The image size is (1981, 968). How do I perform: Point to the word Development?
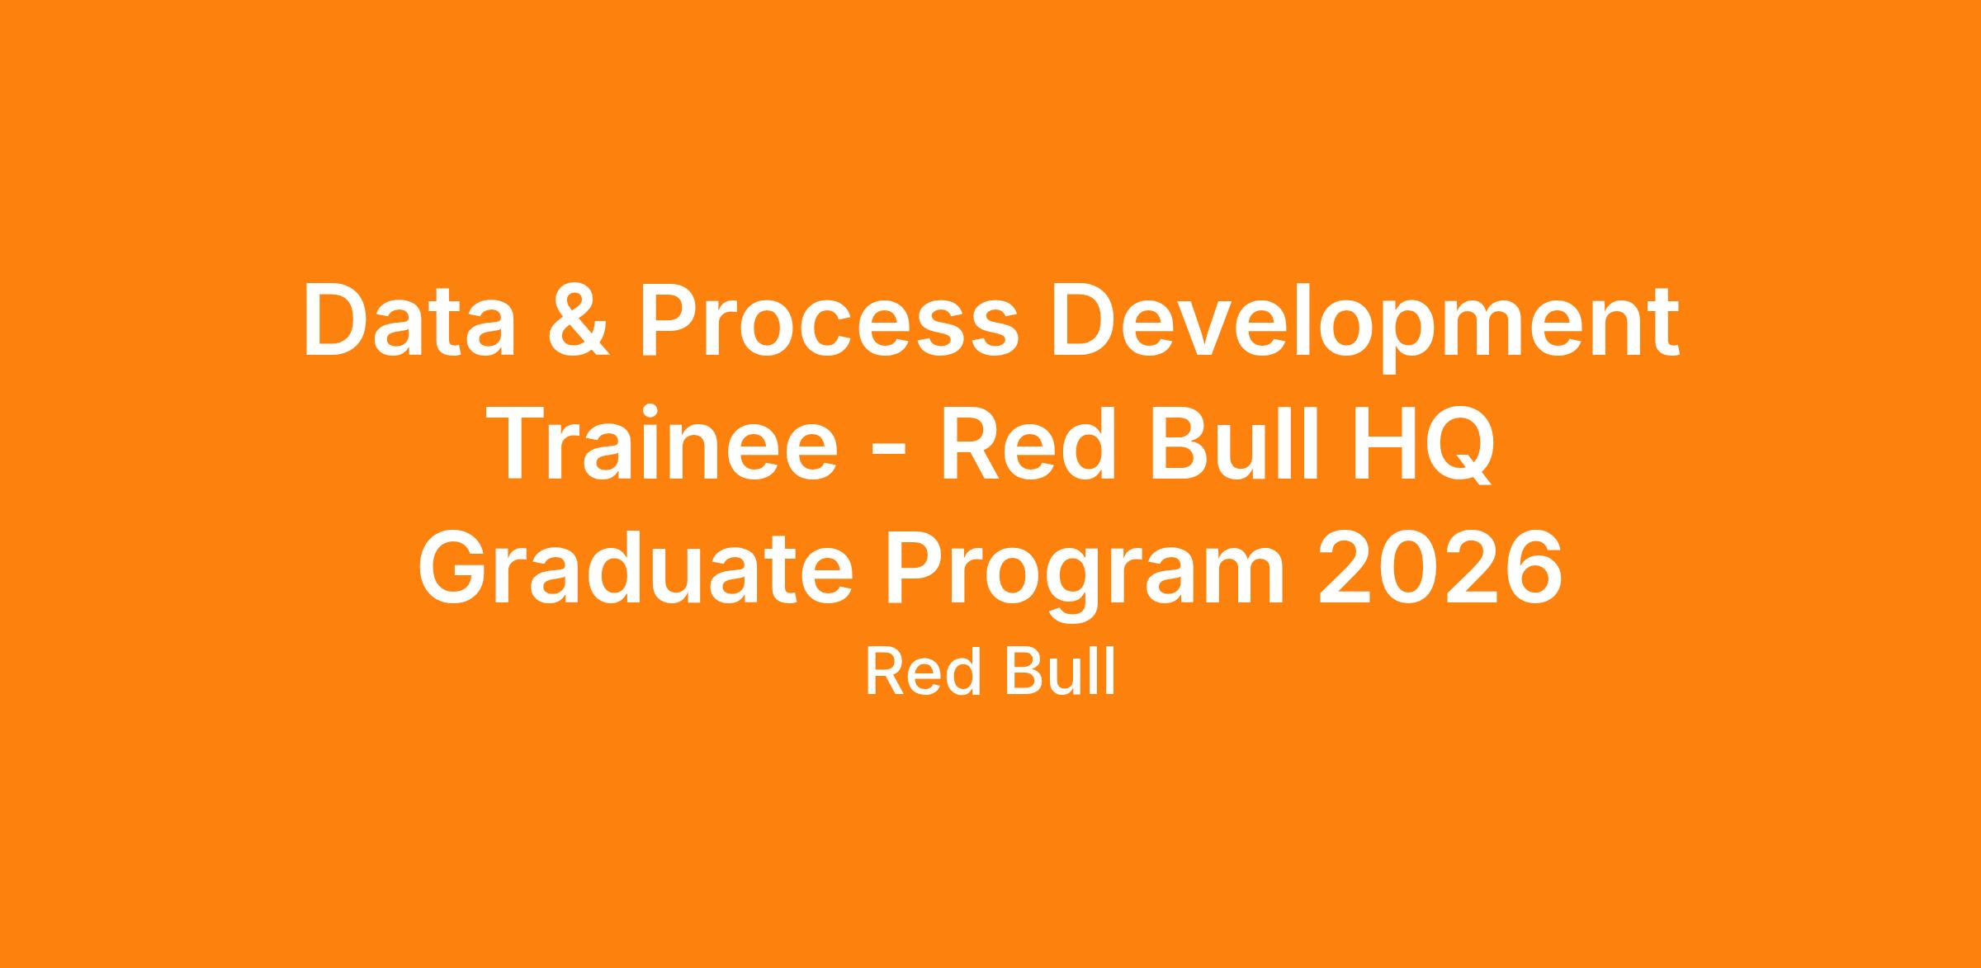click(1364, 328)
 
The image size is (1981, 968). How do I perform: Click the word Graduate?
click(635, 567)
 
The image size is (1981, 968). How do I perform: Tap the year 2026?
click(1439, 567)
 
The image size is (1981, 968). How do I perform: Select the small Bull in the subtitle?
click(1059, 672)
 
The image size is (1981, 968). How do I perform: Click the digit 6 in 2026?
click(1533, 568)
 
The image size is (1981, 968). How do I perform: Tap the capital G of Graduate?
click(452, 568)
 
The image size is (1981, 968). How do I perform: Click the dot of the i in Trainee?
click(650, 411)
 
